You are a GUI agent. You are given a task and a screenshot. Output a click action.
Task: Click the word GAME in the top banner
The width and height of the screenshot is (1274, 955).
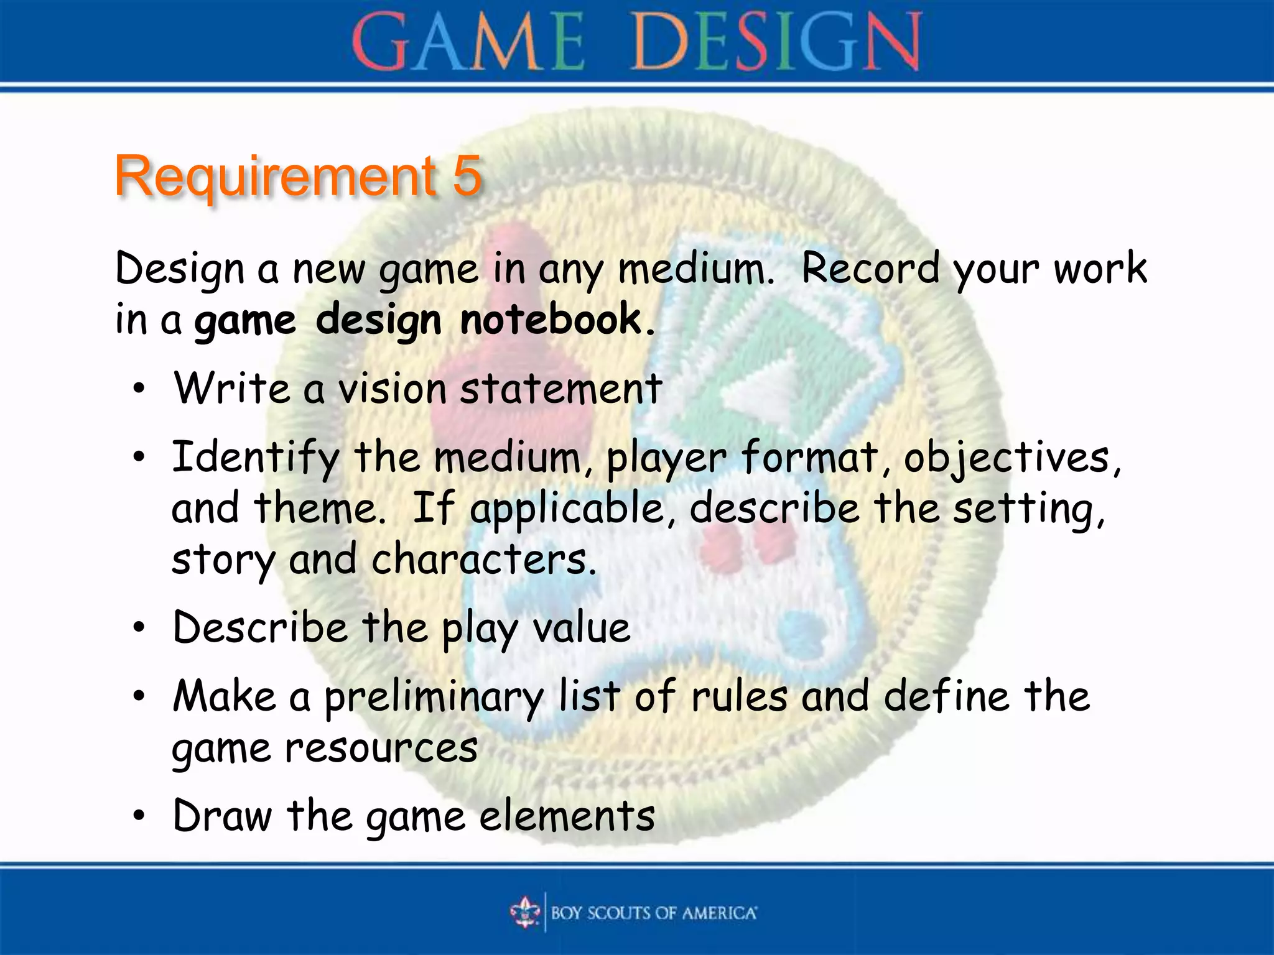[468, 42]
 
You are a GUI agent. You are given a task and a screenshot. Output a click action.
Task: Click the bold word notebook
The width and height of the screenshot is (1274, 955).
[551, 320]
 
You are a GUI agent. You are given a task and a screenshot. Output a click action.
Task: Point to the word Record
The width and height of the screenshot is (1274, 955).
[870, 269]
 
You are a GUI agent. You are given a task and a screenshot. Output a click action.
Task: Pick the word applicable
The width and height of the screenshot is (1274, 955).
[567, 509]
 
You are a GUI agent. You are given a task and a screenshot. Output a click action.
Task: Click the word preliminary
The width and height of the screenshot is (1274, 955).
[434, 697]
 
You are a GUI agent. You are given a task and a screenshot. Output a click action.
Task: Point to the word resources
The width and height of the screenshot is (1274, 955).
[381, 748]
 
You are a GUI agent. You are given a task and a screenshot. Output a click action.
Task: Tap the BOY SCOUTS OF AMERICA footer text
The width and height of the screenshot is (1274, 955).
[654, 913]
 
